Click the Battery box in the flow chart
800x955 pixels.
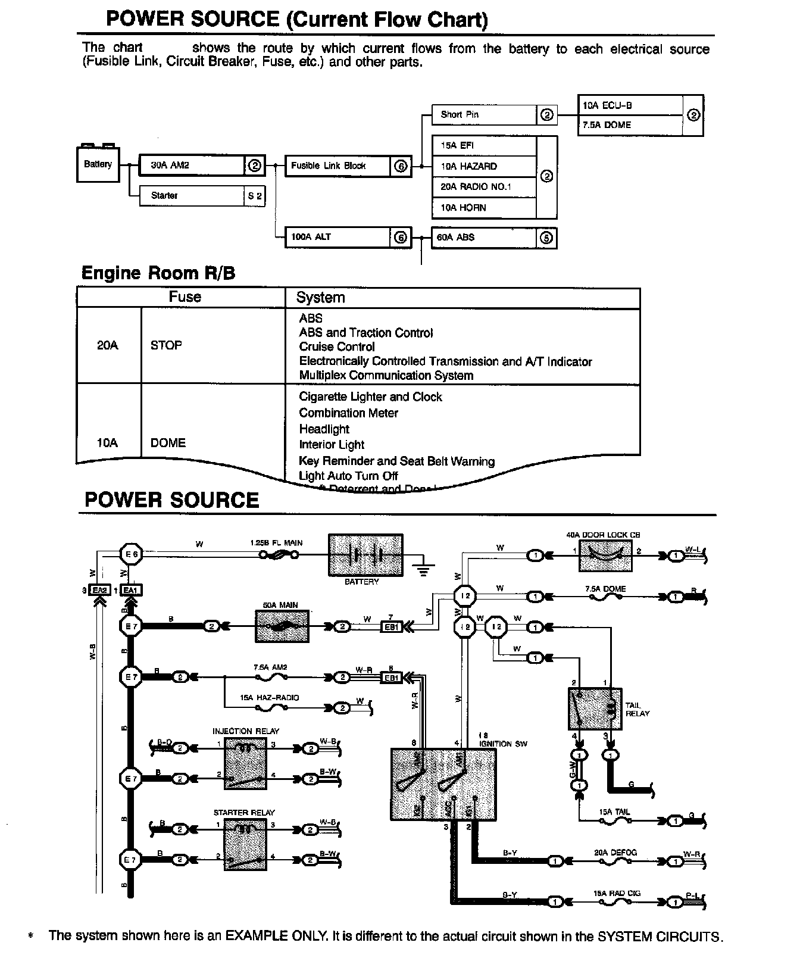pos(98,164)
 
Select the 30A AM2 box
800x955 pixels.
pos(192,166)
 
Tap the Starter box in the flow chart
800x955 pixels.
pos(192,196)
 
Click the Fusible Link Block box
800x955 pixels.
pos(337,166)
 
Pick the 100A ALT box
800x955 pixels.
pos(337,237)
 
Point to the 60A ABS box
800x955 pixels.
pos(484,238)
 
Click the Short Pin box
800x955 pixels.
pos(484,115)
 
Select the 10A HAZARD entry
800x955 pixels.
pos(484,167)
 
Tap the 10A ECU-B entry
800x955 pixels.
pos(630,106)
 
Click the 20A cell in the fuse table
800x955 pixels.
pos(108,345)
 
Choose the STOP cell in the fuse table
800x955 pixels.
pos(167,345)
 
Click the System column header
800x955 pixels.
pos(320,298)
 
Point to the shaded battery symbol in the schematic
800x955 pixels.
pos(365,555)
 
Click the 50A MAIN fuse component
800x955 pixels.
pos(282,626)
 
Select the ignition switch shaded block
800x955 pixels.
pos(443,784)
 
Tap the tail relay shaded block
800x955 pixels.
pos(595,709)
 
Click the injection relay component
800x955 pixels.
pos(245,763)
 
